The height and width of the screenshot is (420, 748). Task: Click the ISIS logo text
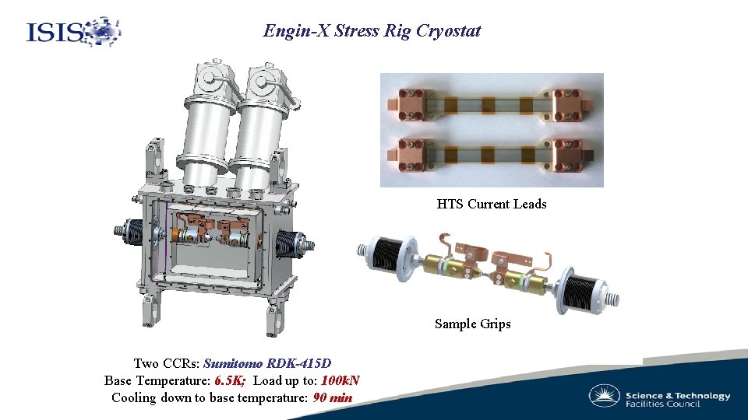click(x=55, y=33)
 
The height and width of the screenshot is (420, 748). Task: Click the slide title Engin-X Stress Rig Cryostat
click(x=372, y=31)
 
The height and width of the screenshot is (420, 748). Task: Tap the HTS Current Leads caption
click(x=492, y=204)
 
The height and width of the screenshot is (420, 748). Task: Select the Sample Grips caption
click(x=472, y=324)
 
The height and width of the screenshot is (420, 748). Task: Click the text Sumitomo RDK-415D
click(x=267, y=363)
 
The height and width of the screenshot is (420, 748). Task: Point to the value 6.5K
click(x=230, y=380)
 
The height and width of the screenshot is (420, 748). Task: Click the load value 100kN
click(x=340, y=380)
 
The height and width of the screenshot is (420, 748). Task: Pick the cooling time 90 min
click(x=332, y=397)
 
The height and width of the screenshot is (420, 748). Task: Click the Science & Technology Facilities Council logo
click(x=659, y=395)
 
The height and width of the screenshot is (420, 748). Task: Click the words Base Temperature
click(x=156, y=380)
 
